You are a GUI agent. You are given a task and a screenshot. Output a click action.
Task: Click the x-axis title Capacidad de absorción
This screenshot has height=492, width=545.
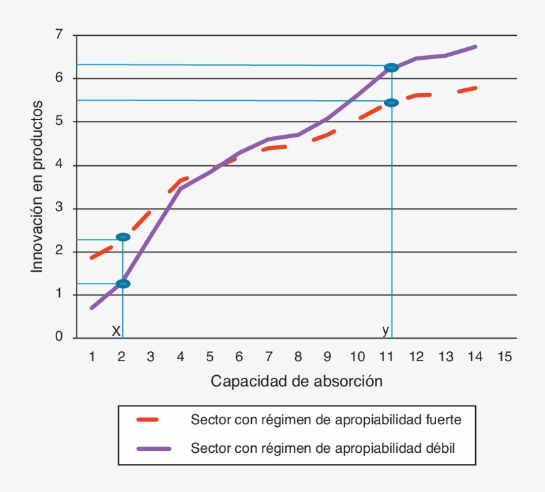296,382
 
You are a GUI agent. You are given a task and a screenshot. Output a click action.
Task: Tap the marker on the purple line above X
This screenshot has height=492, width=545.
123,284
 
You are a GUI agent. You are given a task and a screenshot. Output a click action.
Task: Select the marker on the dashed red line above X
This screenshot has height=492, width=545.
123,237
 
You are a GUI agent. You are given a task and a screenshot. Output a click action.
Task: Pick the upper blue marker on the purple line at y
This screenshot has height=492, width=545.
391,68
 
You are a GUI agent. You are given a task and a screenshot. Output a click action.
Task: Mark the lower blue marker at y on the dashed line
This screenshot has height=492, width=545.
391,102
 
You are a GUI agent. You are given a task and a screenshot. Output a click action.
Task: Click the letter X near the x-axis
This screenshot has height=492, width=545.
116,331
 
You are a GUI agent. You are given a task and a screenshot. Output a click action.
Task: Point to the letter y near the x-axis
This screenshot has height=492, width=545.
385,330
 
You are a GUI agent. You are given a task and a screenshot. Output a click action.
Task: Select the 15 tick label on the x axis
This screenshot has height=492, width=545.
504,357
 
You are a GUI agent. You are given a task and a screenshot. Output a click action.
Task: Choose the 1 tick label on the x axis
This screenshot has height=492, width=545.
92,357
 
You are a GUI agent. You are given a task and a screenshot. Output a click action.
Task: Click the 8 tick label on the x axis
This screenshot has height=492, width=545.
298,357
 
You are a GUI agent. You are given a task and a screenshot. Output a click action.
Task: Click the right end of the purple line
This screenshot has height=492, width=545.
476,46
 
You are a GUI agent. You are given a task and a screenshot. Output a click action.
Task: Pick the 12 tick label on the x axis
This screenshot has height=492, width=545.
415,357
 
